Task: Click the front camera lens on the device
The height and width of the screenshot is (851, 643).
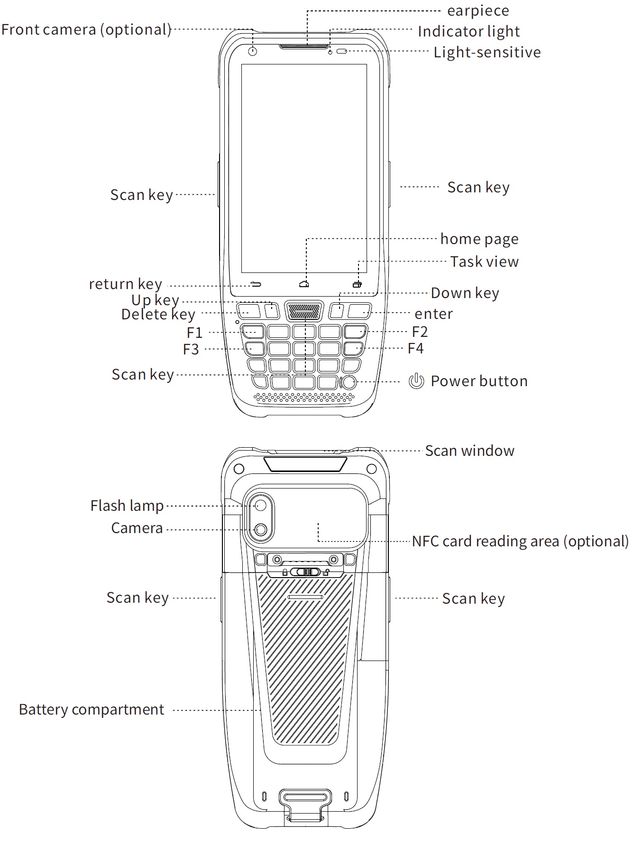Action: click(252, 51)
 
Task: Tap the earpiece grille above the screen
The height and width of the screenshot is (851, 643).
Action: click(304, 46)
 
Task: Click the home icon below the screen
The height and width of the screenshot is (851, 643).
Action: click(304, 284)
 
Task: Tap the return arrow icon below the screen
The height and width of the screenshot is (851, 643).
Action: click(256, 284)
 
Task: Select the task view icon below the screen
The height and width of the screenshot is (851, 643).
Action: click(357, 284)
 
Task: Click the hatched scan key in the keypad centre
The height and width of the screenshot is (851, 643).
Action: click(303, 311)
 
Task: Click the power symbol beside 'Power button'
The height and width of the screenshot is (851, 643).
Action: click(416, 381)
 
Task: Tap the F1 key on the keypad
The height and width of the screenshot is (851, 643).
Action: click(253, 331)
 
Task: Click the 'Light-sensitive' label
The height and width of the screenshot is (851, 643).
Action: click(487, 52)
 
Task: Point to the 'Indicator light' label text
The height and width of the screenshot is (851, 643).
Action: click(468, 31)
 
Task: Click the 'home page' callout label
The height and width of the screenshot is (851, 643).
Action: click(479, 239)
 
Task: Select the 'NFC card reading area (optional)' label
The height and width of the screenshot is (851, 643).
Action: click(520, 541)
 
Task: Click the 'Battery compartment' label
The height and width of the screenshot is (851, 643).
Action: click(92, 710)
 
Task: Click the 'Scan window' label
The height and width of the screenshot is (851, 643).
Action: click(469, 451)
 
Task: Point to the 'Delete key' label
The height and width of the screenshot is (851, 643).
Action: click(158, 315)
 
